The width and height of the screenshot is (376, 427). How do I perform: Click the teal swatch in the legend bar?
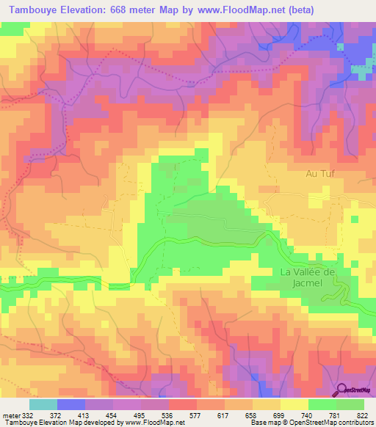pos(43,404)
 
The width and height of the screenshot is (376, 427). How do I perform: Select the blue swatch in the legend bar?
pos(70,404)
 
